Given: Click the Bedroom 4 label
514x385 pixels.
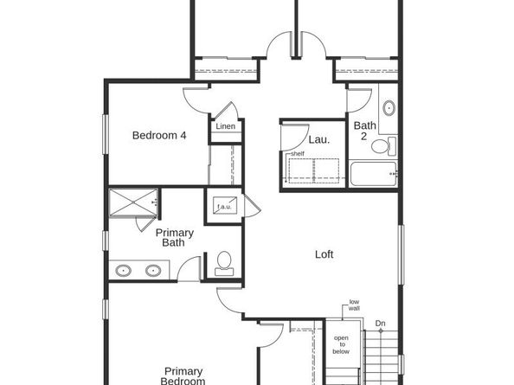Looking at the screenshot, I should (x=158, y=135).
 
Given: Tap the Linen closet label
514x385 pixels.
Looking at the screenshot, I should (x=225, y=127).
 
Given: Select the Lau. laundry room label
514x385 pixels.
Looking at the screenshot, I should (x=318, y=139).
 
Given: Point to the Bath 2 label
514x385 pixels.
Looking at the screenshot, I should (x=364, y=131).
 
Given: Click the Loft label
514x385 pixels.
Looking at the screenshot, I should (x=324, y=254).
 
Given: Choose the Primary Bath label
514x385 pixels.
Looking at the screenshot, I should (x=174, y=238).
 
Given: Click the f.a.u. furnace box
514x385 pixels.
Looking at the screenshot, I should (x=222, y=208).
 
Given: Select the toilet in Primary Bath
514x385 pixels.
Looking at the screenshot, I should (x=223, y=262).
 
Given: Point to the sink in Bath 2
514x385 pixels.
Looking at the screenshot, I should (x=389, y=110).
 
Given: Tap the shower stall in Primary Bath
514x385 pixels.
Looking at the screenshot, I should (x=132, y=203).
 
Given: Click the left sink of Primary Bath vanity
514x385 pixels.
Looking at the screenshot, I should (x=124, y=271).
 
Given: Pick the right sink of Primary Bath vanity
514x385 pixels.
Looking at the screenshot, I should (x=153, y=271).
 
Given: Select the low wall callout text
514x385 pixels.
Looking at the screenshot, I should (x=354, y=304).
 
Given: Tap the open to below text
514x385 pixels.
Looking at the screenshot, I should (x=342, y=344).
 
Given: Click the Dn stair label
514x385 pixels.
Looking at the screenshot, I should (x=380, y=324).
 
